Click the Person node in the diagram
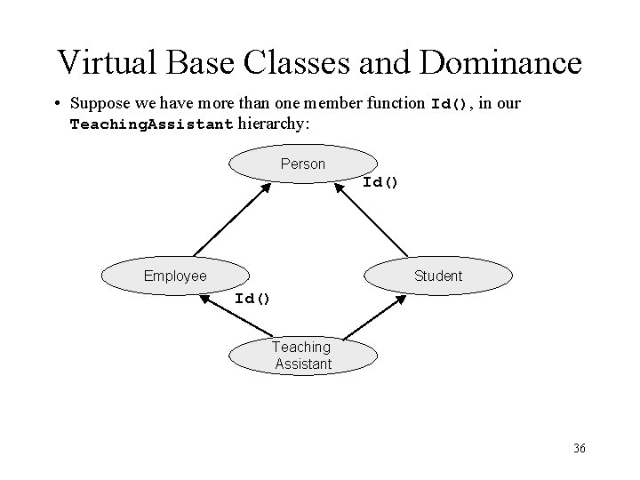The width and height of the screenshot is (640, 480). point(303,164)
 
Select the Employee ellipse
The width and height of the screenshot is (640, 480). point(175,276)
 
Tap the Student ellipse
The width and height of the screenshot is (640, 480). point(438,276)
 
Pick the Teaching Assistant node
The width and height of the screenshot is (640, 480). point(302,356)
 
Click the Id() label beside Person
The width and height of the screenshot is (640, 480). point(380,182)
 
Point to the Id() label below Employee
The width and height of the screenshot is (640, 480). point(252,298)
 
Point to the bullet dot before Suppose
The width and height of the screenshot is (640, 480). point(56,104)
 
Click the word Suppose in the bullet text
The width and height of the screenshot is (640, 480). point(100,104)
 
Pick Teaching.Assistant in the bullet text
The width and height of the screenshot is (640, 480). point(151,124)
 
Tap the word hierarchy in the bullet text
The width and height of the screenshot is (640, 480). point(271,124)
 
